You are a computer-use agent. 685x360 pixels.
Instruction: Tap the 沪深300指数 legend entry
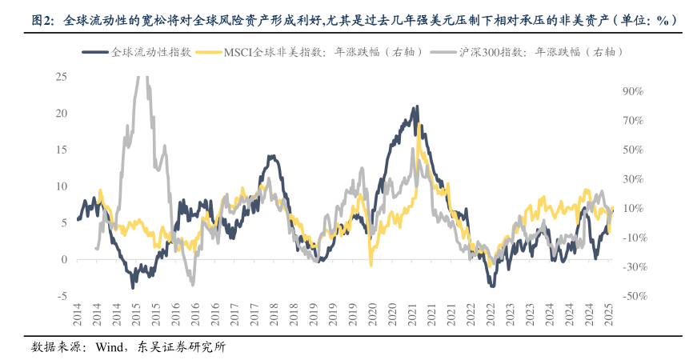[529, 52]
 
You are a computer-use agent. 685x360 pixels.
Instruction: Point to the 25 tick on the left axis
[61, 77]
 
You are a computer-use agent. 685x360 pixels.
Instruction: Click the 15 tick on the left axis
[61, 150]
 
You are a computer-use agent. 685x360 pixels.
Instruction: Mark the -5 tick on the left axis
[61, 296]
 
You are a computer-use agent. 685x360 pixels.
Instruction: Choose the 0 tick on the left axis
[63, 259]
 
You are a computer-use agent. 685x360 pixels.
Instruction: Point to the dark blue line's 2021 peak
[417, 106]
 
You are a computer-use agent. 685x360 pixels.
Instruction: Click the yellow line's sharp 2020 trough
[371, 265]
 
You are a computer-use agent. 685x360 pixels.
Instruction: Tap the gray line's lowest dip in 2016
[192, 284]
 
